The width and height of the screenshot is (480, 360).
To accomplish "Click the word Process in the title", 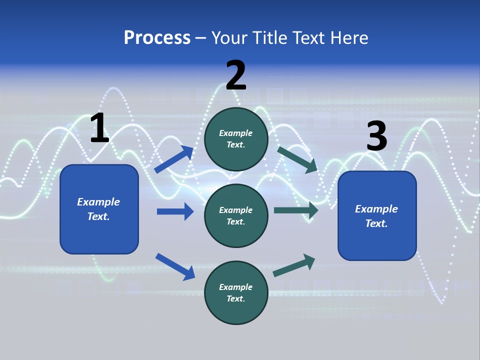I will [157, 38].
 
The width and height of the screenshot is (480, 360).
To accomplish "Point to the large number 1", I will [99, 128].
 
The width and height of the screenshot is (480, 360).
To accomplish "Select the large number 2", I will [236, 75].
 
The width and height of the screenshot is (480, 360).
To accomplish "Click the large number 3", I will [376, 137].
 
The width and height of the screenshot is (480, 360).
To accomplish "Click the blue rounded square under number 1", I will [99, 209].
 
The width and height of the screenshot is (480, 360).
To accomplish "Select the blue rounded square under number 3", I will [377, 216].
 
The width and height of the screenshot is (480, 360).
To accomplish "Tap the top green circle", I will [236, 139].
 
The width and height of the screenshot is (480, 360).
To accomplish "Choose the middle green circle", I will [236, 216].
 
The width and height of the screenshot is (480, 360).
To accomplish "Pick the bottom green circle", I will [236, 293].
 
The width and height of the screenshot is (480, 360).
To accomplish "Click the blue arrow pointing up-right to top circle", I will [174, 159].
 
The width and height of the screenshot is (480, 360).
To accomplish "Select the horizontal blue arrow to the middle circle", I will [175, 211].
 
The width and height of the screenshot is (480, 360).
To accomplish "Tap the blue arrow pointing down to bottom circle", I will [175, 266].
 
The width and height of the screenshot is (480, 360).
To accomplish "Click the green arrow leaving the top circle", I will [297, 159].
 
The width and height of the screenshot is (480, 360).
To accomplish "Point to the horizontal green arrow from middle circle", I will [296, 210].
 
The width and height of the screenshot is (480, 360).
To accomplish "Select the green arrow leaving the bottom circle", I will [294, 265].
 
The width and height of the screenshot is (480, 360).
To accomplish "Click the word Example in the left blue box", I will [98, 202].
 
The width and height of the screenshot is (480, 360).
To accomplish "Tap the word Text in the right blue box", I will [376, 223].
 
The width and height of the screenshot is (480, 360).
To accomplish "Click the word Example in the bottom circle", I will [236, 287].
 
